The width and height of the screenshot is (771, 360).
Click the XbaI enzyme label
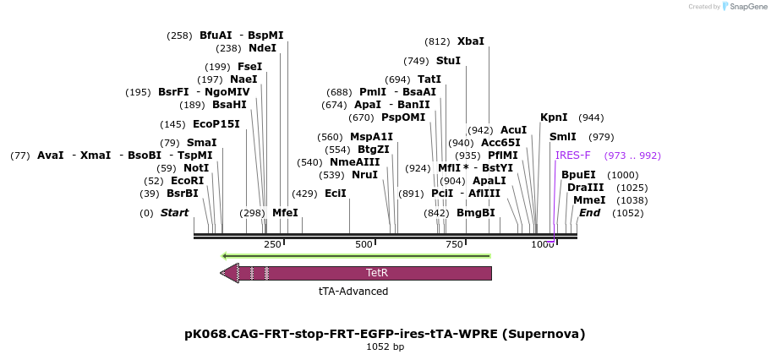click(x=471, y=41)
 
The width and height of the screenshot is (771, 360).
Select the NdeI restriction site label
click(x=262, y=48)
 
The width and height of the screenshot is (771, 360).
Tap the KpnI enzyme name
click(x=554, y=117)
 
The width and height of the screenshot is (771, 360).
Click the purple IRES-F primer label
click(x=573, y=155)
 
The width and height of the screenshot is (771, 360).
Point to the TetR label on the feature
click(x=377, y=273)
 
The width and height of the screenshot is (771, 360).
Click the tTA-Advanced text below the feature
click(x=353, y=292)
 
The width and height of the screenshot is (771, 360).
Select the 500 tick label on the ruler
click(x=364, y=244)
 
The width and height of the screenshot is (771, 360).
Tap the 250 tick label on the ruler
click(x=272, y=244)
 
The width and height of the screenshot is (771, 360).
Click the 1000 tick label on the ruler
click(x=543, y=244)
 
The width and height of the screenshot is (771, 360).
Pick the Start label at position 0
click(x=174, y=213)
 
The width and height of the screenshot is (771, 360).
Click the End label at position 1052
click(x=589, y=213)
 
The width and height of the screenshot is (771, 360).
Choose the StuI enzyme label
click(x=448, y=61)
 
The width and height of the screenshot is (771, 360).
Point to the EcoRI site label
click(x=187, y=181)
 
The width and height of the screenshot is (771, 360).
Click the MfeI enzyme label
click(x=285, y=213)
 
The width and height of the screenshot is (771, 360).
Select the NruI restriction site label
click(x=364, y=175)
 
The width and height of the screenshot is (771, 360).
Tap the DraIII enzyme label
click(x=586, y=188)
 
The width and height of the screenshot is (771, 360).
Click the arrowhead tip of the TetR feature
click(x=221, y=273)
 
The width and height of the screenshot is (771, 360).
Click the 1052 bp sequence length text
click(x=385, y=347)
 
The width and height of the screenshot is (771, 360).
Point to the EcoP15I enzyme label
click(x=216, y=124)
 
